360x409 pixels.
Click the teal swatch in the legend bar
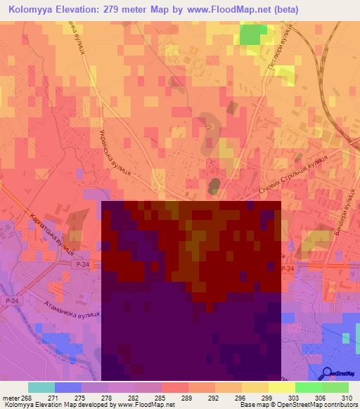pyautogui.click(x=41, y=387)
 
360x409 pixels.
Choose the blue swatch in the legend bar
pyautogui.click(x=67, y=387)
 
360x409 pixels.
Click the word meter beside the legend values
pyautogui.click(x=10, y=397)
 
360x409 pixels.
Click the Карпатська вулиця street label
pyautogui.click(x=52, y=233)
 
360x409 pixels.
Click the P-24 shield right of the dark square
pyautogui.click(x=287, y=269)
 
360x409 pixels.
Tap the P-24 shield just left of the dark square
pyautogui.click(x=82, y=264)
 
